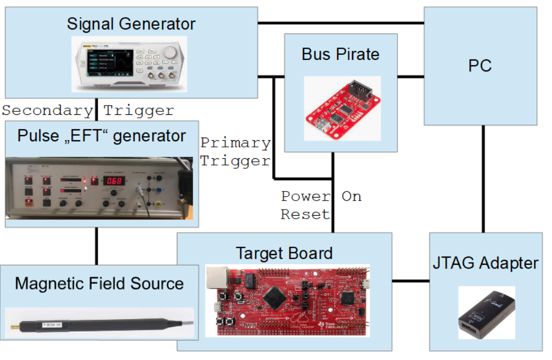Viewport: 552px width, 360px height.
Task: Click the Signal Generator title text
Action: pyautogui.click(x=131, y=24)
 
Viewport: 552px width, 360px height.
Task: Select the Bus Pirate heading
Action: pyautogui.click(x=341, y=54)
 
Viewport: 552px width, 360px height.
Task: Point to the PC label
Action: pyautogui.click(x=480, y=66)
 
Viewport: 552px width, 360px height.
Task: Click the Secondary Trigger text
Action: pyautogui.click(x=88, y=110)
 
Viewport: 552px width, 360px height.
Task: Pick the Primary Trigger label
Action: pyautogui.click(x=235, y=152)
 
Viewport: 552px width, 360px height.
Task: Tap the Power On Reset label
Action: pyautogui.click(x=320, y=205)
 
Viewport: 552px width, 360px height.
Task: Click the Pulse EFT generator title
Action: pyautogui.click(x=101, y=136)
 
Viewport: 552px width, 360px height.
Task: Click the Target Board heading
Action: pyautogui.click(x=284, y=253)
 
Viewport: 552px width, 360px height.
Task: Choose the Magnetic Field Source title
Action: pyautogui.click(x=99, y=283)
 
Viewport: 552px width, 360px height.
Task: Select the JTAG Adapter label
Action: pyautogui.click(x=485, y=263)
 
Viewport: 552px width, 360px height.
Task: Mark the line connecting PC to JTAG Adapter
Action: pyautogui.click(x=483, y=178)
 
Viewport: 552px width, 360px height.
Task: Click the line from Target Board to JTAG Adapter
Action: pyautogui.click(x=410, y=281)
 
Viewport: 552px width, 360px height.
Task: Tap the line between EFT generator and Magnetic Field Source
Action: pyautogui.click(x=96, y=246)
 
